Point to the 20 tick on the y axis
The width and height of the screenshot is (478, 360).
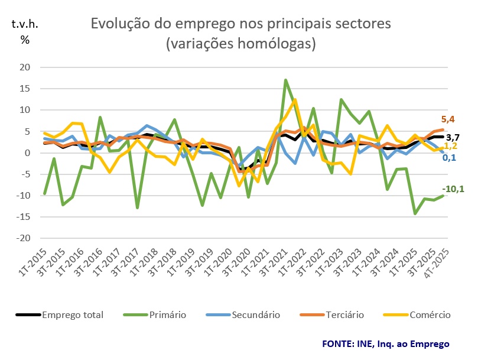pos(25,67)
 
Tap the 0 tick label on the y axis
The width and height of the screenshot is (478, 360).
pos(28,153)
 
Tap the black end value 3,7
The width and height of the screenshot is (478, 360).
pos(453,137)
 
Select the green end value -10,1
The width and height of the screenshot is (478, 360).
pos(453,189)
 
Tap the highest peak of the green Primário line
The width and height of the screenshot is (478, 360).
pos(286,80)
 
